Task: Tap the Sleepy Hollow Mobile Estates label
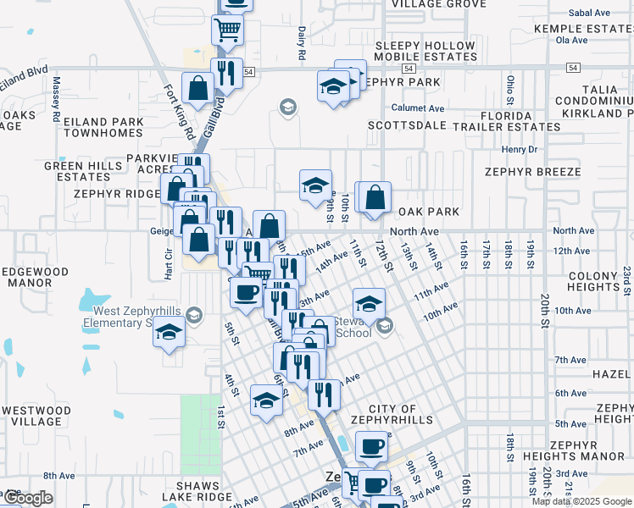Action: click(425, 52)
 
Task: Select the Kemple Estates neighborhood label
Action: click(583, 28)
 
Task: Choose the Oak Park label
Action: click(428, 212)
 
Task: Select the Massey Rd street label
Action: click(56, 98)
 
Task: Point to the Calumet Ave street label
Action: click(418, 108)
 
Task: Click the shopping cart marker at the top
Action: click(227, 30)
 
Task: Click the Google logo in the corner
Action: click(27, 498)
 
